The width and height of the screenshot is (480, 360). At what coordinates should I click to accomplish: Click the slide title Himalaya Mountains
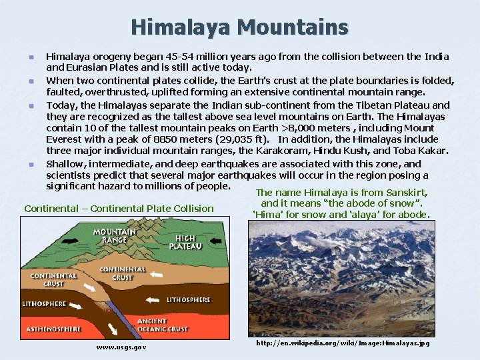[239, 27]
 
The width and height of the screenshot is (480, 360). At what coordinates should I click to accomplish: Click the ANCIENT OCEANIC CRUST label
[162, 325]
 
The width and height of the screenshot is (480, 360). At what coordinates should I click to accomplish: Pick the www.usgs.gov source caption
[121, 347]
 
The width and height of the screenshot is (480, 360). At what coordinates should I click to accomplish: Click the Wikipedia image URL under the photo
[343, 343]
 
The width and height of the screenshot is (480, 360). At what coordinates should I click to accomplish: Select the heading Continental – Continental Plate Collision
[119, 209]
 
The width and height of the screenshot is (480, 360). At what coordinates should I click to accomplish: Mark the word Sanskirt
[403, 193]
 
